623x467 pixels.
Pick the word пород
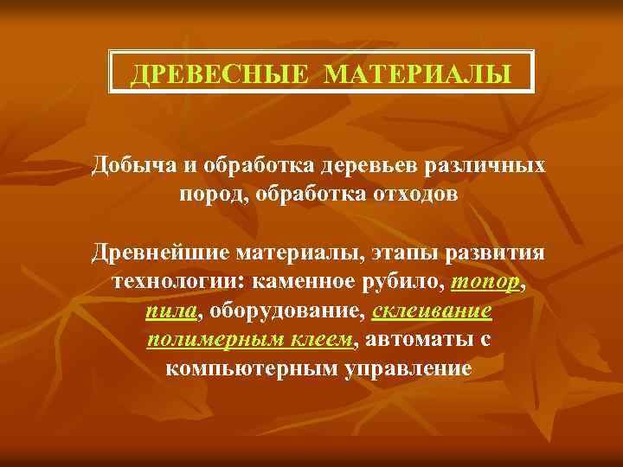pyautogui.click(x=211, y=194)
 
